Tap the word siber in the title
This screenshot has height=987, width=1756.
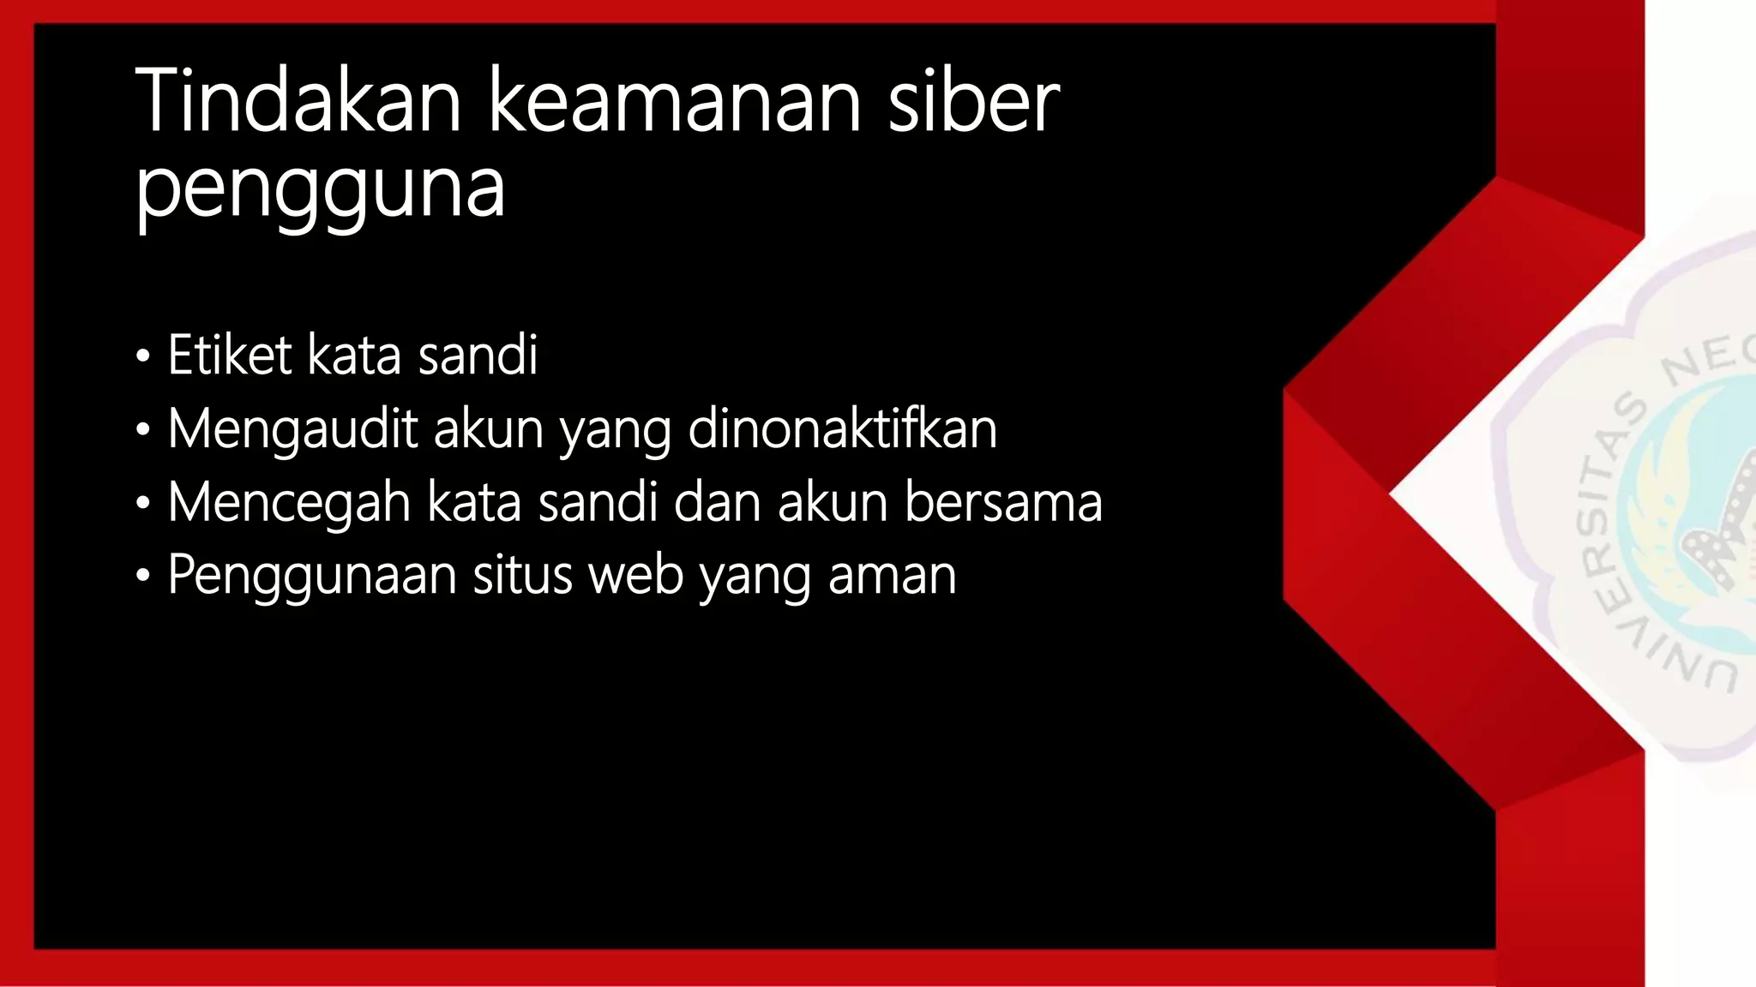[x=973, y=103]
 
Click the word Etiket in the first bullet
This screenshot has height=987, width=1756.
[x=230, y=355]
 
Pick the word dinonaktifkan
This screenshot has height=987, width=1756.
[x=843, y=428]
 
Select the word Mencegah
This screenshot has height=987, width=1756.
[x=289, y=502]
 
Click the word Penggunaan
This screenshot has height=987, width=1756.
[x=312, y=575]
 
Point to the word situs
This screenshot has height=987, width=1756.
[x=522, y=575]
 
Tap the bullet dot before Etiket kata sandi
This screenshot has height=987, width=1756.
[x=142, y=356]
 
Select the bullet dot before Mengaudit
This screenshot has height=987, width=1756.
[x=142, y=430]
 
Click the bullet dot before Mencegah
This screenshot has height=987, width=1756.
[x=142, y=504]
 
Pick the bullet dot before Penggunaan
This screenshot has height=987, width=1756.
[x=142, y=577]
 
